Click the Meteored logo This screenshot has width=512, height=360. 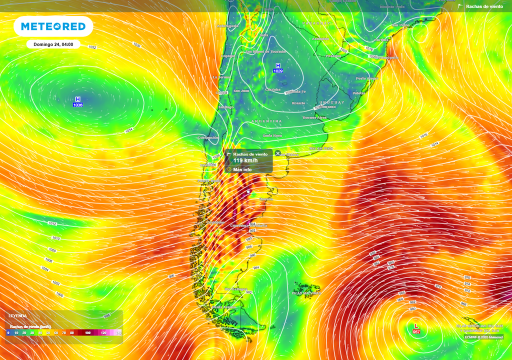(53, 26)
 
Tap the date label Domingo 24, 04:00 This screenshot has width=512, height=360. (53, 44)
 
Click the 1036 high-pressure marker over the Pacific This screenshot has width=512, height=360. (77, 102)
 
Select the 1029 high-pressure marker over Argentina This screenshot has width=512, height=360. (278, 68)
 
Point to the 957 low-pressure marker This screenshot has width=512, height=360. (416, 328)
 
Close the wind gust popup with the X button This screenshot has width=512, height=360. (278, 153)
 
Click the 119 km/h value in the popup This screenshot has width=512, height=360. (245, 160)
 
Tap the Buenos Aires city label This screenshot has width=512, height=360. (314, 117)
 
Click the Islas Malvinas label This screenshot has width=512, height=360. (306, 293)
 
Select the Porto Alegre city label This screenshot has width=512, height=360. (367, 78)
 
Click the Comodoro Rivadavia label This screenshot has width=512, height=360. (248, 225)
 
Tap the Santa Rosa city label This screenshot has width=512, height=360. (272, 135)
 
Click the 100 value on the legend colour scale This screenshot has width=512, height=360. (87, 332)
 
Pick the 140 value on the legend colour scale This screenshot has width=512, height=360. (119, 332)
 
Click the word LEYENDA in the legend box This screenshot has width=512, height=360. (17, 315)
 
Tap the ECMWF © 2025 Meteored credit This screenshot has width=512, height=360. (483, 337)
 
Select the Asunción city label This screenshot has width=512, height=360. (320, 38)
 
